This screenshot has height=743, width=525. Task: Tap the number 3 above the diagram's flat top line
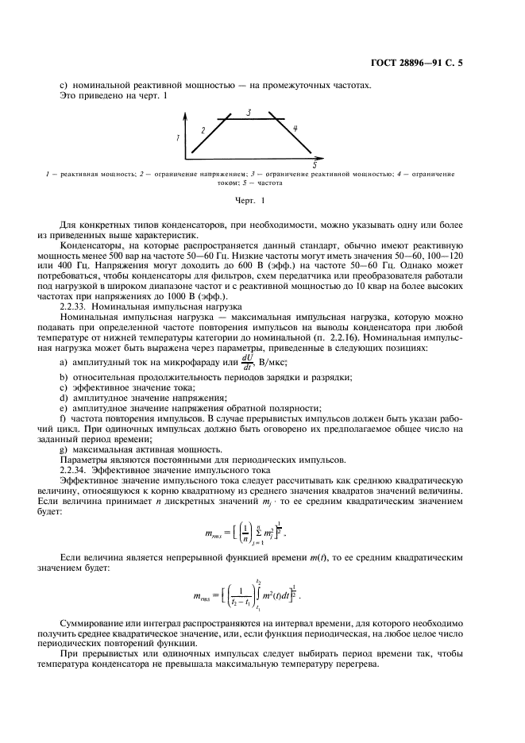coord(249,113)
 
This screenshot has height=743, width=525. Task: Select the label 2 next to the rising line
coord(203,129)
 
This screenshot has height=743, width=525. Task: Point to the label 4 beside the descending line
coord(295,128)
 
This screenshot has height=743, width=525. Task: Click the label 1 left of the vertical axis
coord(179,137)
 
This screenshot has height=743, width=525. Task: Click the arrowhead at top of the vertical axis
coord(185,116)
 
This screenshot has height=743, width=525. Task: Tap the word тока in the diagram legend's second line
coord(230,182)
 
